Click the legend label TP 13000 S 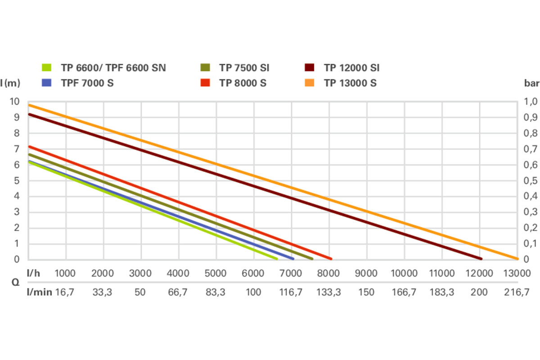(x=350, y=83)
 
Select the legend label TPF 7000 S (x=87, y=83)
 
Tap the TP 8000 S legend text (x=243, y=83)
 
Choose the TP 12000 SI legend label (x=351, y=68)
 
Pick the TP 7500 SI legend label (x=244, y=68)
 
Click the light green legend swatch (x=47, y=68)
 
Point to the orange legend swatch (x=310, y=83)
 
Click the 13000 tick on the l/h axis (x=516, y=273)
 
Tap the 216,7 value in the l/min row (x=516, y=292)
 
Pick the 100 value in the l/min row (x=253, y=292)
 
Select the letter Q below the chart (x=15, y=283)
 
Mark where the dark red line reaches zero (x=481, y=259)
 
